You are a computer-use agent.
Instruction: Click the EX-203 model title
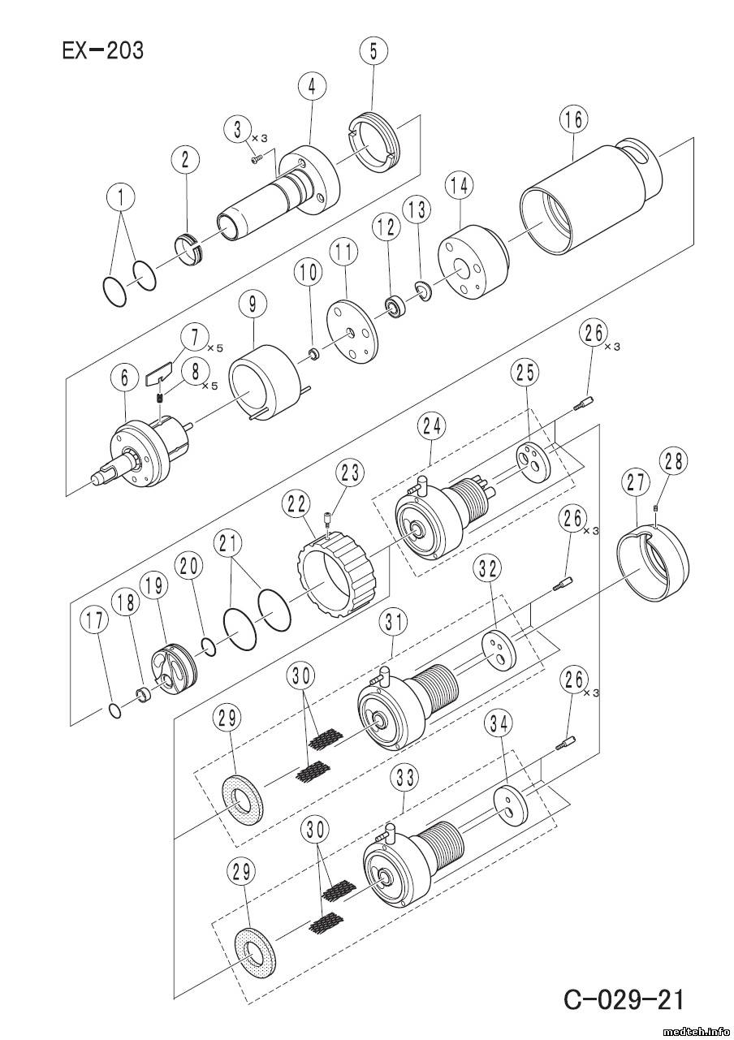click(x=102, y=50)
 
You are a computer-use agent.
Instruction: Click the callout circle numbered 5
click(x=373, y=52)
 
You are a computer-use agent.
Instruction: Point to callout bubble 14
click(x=460, y=186)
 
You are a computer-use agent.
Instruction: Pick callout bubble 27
click(x=636, y=484)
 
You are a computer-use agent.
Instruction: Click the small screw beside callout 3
click(x=257, y=159)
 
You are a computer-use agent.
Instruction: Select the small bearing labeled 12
click(x=396, y=305)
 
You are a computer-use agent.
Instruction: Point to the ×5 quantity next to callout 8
click(x=209, y=386)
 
